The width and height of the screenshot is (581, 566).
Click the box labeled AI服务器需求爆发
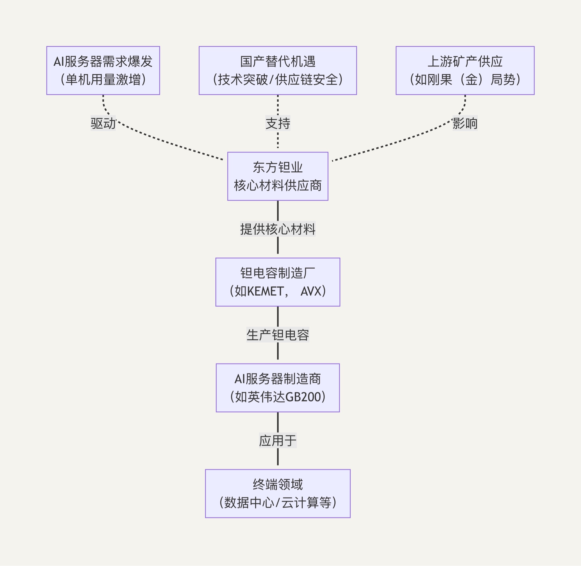point(103,71)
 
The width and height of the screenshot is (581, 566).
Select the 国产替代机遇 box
point(277,71)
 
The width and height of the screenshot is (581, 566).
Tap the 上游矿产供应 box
point(465,71)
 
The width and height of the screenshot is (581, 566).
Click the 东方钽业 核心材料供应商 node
point(277,176)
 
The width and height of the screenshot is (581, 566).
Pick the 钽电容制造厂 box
point(277,282)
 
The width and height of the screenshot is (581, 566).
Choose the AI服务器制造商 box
point(277,388)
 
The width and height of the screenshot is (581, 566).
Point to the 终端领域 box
point(277,493)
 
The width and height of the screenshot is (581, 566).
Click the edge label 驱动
point(103,123)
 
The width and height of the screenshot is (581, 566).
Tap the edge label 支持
point(277,123)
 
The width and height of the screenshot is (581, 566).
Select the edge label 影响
point(465,123)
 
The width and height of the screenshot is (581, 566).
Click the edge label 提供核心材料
point(277,229)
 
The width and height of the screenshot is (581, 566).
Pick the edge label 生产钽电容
point(277,335)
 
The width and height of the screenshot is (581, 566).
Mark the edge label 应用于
point(277,440)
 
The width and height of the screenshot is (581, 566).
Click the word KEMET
point(265,291)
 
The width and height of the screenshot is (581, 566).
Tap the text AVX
point(311,291)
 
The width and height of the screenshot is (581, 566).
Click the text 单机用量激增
point(103,80)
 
